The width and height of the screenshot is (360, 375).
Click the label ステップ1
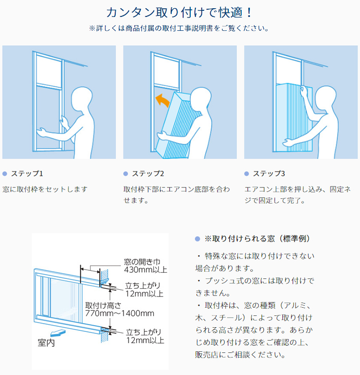(27, 174)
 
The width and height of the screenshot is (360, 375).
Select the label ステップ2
(148, 174)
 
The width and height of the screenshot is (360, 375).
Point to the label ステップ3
(269, 174)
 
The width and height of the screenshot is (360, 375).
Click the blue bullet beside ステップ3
(246, 174)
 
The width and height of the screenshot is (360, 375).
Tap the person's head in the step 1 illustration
(82, 99)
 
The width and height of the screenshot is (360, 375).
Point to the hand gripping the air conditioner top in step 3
(303, 91)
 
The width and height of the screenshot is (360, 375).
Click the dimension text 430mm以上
(146, 270)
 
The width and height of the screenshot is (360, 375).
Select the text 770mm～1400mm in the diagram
(120, 313)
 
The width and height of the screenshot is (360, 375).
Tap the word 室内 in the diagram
(46, 343)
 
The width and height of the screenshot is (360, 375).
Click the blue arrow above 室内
(58, 333)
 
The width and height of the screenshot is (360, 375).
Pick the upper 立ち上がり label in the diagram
(142, 286)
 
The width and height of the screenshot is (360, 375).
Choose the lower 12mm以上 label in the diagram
(146, 340)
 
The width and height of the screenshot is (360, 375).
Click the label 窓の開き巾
(142, 262)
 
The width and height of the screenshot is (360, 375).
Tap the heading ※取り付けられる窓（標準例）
(257, 239)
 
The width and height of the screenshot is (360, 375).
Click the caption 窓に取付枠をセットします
(45, 190)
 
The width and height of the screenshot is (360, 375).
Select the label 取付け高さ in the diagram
(103, 306)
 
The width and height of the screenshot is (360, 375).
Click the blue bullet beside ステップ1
(5, 174)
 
